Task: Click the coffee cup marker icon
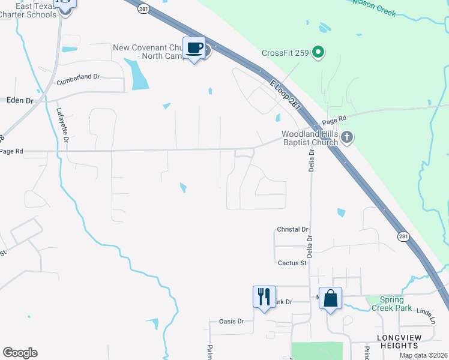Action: click(x=194, y=48)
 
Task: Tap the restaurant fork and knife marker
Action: click(x=264, y=297)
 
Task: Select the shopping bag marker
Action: click(x=331, y=298)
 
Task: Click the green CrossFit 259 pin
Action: click(x=319, y=53)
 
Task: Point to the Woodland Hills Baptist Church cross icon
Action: click(x=347, y=139)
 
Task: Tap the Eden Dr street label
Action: click(x=20, y=101)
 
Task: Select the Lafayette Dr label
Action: click(x=62, y=125)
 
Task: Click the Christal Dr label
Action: click(x=292, y=230)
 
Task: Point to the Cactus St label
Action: click(x=292, y=263)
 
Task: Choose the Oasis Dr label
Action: click(x=232, y=321)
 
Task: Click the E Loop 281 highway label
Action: click(x=285, y=95)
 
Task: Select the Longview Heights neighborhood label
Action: click(x=397, y=341)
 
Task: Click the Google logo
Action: click(x=20, y=353)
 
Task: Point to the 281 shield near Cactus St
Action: click(x=403, y=237)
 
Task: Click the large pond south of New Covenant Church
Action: click(x=137, y=74)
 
